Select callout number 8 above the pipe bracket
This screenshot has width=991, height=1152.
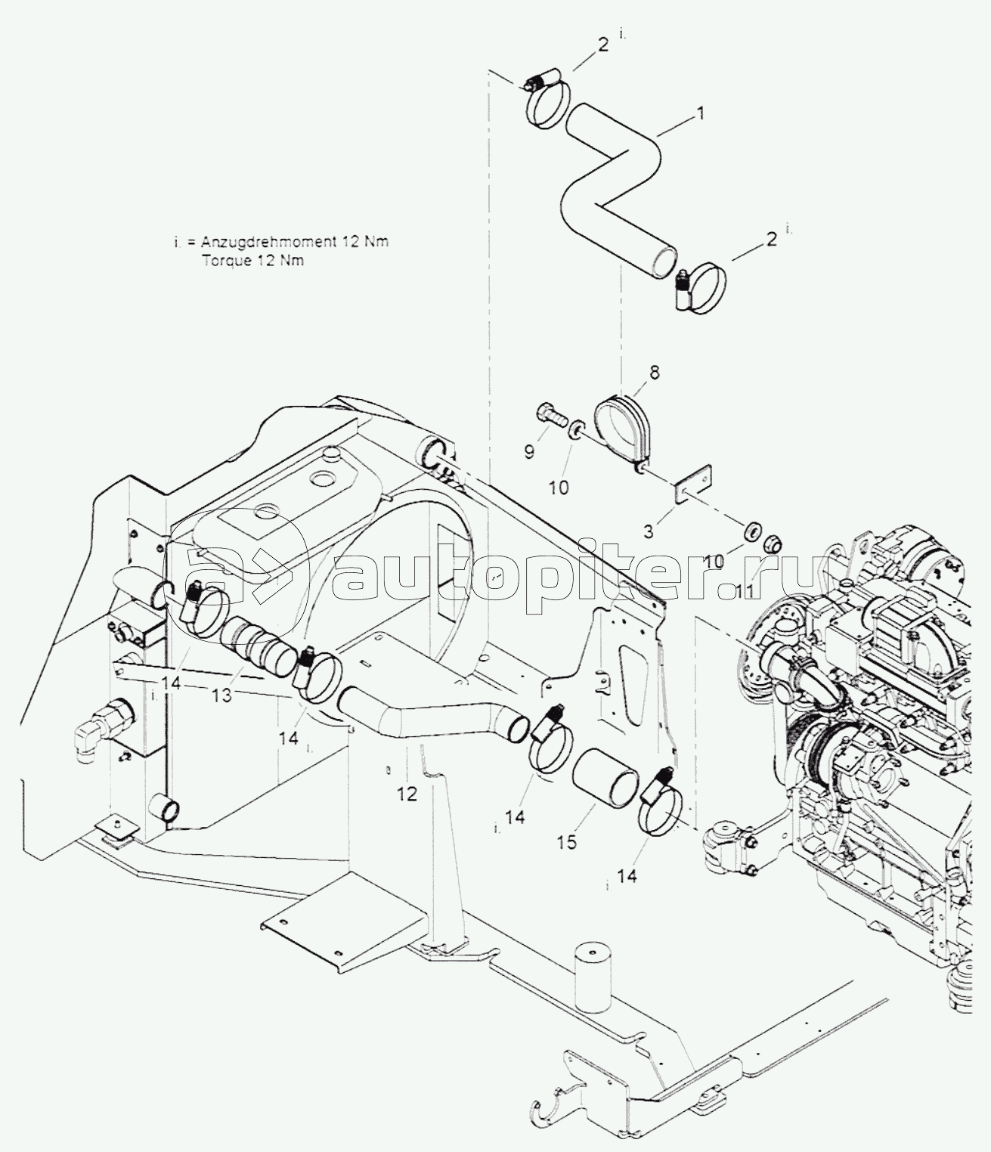click(x=654, y=372)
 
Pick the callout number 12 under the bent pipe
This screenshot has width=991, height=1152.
click(x=407, y=794)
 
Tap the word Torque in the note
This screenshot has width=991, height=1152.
click(x=223, y=261)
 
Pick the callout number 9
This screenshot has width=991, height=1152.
click(x=529, y=452)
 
